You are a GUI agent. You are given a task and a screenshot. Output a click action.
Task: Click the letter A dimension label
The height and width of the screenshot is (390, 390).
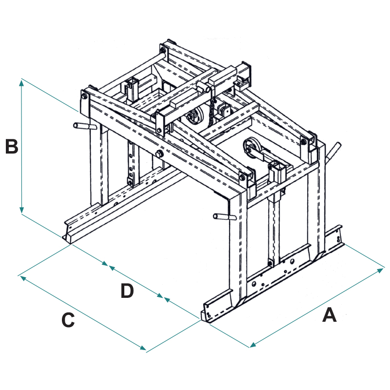330,315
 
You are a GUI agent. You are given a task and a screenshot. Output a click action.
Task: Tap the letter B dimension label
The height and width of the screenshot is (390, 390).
12,146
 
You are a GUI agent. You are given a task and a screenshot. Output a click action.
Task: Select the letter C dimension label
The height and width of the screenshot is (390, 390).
68,320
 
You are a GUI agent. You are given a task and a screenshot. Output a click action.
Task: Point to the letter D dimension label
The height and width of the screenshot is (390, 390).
127,291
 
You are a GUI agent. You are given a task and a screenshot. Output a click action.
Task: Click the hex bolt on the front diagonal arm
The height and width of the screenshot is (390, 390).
160,154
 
